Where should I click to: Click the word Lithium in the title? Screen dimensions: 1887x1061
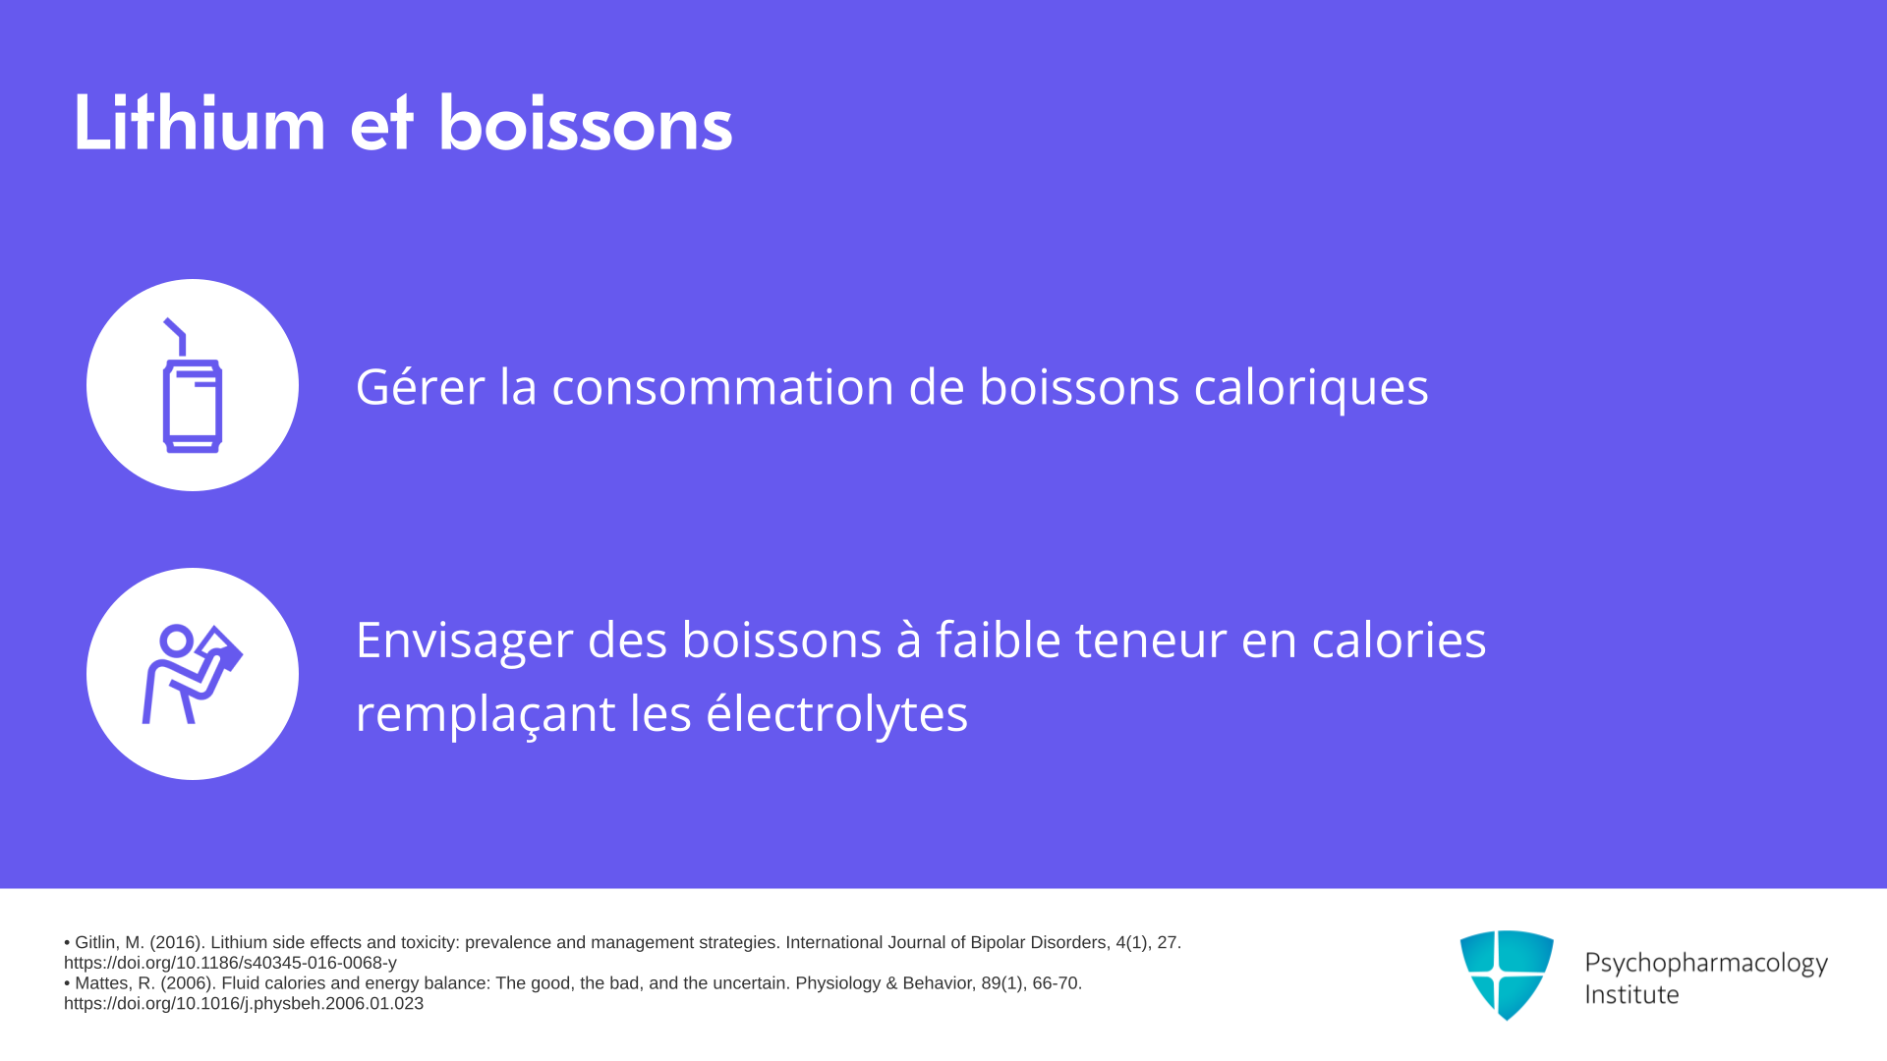(200, 123)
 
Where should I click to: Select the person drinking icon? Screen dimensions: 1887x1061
(193, 674)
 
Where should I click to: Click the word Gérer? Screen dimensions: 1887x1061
(421, 386)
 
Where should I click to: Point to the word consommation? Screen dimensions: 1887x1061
(722, 386)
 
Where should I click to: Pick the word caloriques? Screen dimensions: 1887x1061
(1311, 386)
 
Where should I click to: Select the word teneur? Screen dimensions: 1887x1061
(1151, 640)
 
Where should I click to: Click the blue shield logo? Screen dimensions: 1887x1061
(1507, 975)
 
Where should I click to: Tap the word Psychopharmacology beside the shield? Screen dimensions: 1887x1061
(1706, 964)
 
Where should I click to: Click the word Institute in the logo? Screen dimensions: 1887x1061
(1632, 994)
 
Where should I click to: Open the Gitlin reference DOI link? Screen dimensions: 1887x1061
(230, 963)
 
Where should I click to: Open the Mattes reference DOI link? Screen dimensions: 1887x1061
(244, 1003)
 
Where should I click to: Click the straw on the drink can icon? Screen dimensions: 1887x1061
(176, 337)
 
